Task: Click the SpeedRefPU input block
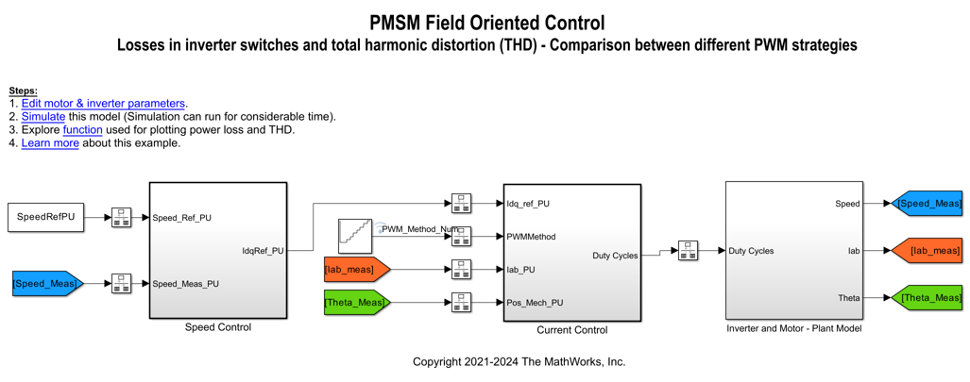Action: coord(44,217)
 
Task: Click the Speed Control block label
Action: coord(218,327)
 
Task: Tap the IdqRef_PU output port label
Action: coord(263,251)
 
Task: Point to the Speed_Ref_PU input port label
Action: coord(182,218)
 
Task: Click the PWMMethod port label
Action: coord(531,237)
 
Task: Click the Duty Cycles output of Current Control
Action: coord(614,256)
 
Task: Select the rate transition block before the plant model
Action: coord(688,251)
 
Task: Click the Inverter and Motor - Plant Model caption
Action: coord(793,328)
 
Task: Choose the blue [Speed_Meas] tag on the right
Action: coord(928,204)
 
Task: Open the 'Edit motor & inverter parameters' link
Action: coord(103,104)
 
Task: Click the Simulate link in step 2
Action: coord(43,117)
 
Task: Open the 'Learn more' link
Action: coord(50,143)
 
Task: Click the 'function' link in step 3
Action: coord(82,130)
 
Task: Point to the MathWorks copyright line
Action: coord(519,362)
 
